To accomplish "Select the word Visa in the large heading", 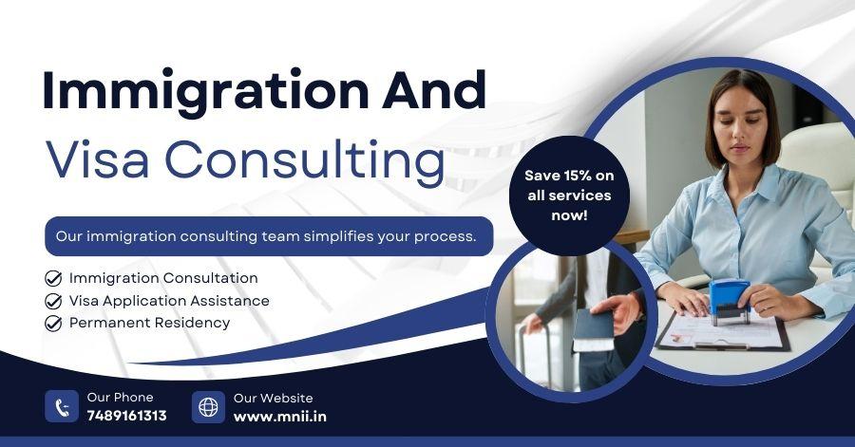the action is [98, 159].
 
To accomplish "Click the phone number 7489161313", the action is [127, 416].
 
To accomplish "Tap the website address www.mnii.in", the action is [279, 417].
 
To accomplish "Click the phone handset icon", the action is [62, 406].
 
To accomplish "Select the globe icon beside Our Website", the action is [208, 407].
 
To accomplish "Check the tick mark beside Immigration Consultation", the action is [53, 278].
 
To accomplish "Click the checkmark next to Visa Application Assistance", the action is [53, 301].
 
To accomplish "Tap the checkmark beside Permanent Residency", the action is [53, 323].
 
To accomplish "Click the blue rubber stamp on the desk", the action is [729, 301].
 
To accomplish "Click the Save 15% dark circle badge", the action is [569, 196].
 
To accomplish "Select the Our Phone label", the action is [120, 398].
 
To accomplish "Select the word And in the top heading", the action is [433, 89].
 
